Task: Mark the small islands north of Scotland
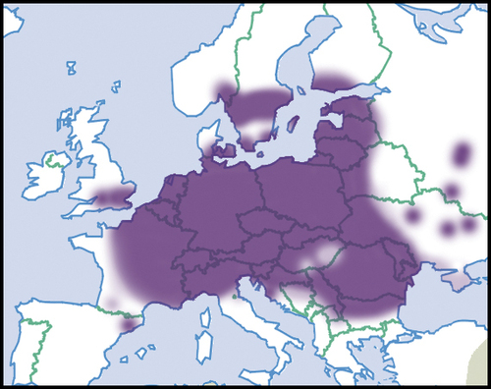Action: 71,69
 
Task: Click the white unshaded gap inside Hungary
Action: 318,257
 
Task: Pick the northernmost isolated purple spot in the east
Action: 461,154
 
